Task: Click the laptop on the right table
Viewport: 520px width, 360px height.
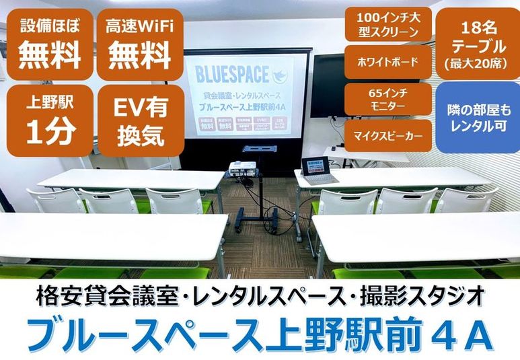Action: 315,170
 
